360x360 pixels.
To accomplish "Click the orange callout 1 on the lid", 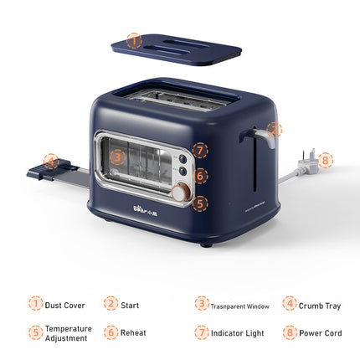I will pyautogui.click(x=134, y=39).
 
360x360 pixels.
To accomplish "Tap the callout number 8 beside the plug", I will pyautogui.click(x=325, y=160).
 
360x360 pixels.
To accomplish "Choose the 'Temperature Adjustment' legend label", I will pyautogui.click(x=69, y=333).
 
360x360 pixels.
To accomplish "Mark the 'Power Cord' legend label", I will pyautogui.click(x=321, y=333).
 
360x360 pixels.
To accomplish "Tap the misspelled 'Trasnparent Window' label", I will pyautogui.click(x=240, y=306).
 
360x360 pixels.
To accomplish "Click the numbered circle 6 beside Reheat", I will pyautogui.click(x=111, y=332).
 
